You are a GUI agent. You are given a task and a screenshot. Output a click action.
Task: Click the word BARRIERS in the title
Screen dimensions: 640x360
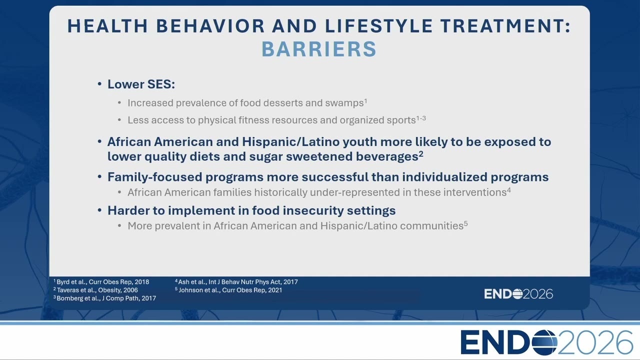pos(319,49)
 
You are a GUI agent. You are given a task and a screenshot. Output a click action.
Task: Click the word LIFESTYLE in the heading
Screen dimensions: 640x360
pos(379,26)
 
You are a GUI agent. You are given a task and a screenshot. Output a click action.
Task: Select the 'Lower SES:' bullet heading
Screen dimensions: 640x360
pos(141,84)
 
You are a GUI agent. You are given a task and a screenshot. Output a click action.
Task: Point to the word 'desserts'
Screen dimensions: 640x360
pos(283,103)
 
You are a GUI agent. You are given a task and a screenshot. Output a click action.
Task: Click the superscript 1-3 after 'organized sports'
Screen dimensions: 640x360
pos(421,117)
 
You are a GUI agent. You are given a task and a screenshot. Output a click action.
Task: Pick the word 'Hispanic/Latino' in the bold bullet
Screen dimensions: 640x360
pos(291,141)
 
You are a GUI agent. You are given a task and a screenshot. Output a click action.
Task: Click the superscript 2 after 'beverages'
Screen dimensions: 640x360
pos(421,154)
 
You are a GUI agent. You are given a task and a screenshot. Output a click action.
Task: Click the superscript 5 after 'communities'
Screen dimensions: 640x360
pos(465,223)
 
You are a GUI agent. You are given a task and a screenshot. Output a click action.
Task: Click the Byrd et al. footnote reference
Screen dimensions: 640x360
pos(101,282)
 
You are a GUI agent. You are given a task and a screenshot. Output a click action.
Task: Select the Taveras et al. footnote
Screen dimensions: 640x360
pos(95,290)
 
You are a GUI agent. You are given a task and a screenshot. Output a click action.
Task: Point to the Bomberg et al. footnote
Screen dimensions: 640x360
pos(104,298)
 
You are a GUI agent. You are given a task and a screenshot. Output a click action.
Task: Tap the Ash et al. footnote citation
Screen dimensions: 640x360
pos(236,282)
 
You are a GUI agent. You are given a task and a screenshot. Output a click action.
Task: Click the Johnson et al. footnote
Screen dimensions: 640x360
pos(228,290)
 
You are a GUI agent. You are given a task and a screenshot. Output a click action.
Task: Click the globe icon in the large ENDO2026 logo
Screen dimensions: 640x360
pos(544,342)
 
